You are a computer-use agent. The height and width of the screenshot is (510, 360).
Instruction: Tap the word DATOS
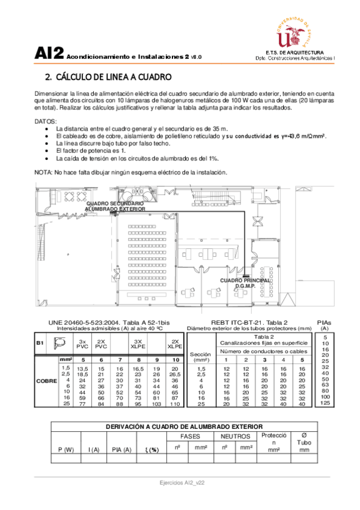tap(46, 121)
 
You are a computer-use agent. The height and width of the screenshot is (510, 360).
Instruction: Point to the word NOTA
tap(43, 172)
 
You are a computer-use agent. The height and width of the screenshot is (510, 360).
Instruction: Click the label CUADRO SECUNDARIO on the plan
tap(115, 204)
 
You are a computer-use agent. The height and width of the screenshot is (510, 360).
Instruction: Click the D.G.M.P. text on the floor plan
tap(245, 286)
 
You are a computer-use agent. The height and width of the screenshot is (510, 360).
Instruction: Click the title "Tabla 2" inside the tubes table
tap(264, 337)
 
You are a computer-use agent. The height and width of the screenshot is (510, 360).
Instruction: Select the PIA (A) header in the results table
tap(121, 450)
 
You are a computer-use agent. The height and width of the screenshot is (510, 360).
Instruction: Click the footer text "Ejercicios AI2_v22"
tap(180, 483)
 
